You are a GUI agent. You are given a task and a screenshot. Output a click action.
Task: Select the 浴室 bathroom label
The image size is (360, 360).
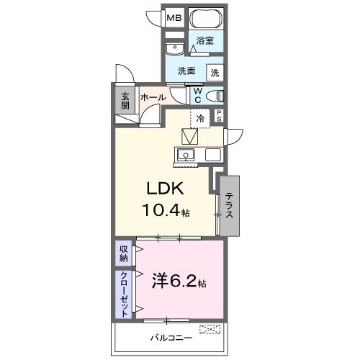click(x=206, y=41)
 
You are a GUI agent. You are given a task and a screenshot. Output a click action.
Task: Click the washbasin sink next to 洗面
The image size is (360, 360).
click(x=174, y=49)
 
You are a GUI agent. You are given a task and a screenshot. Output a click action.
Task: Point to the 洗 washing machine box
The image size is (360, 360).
click(x=215, y=72)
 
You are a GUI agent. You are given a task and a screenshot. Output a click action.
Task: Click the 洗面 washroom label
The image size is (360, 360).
click(x=187, y=71)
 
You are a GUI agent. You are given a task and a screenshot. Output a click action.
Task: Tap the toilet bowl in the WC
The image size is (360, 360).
click(x=215, y=96)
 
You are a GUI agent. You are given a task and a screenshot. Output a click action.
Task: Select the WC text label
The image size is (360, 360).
click(x=197, y=96)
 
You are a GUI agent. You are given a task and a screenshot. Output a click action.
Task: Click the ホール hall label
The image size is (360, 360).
click(x=153, y=97)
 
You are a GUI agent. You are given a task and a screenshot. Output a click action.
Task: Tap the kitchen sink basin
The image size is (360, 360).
click(x=186, y=154)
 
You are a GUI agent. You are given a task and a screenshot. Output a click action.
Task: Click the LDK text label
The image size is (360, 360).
click(x=167, y=189)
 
